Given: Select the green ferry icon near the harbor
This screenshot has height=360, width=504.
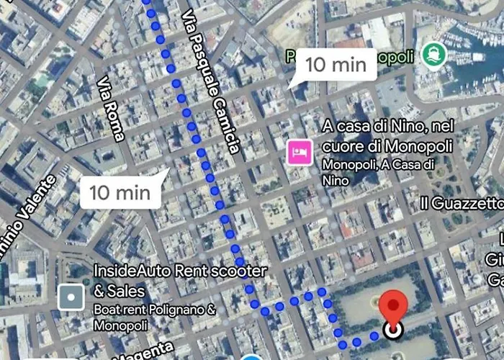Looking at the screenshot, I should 433,54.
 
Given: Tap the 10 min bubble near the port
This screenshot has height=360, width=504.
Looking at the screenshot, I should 336,65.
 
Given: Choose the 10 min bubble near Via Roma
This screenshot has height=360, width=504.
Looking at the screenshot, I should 120,192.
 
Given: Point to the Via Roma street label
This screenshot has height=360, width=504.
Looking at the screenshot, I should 112,108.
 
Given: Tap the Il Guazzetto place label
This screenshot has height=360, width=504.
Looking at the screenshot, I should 462,203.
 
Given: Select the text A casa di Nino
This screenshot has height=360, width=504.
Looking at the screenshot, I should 374,127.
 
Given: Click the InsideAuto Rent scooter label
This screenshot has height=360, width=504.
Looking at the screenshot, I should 180,272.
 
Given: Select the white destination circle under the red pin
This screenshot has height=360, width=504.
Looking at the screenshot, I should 393,330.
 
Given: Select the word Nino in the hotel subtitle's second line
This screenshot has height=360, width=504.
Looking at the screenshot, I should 336,181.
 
